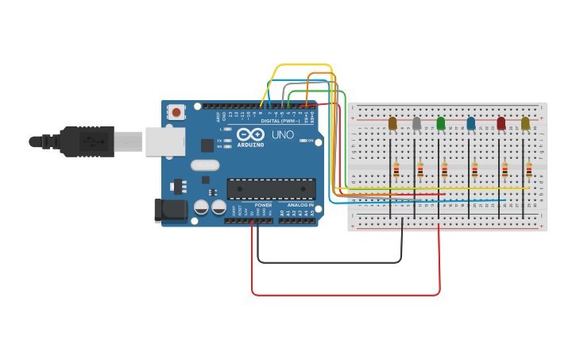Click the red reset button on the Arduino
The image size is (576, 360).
coord(176,113)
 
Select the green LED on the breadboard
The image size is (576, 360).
coord(441,123)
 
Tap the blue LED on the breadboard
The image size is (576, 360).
coord(471,123)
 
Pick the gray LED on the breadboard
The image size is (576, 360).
coord(416,123)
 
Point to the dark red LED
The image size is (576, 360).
coord(501,123)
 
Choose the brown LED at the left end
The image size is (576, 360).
coord(392,123)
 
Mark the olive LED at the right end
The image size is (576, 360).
coord(525,123)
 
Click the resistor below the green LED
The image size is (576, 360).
coord(445,169)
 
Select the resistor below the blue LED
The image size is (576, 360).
coord(475,169)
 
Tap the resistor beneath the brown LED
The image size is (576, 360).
coord(396,169)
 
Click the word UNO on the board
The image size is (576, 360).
coord(284,135)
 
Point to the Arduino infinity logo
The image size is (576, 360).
coord(252,135)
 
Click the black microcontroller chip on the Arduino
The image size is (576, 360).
coord(271,188)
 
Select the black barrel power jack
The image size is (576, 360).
coord(171,210)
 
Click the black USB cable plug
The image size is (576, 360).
coord(87,141)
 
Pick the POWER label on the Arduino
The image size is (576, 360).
coord(263,204)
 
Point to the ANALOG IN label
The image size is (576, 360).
coord(300,204)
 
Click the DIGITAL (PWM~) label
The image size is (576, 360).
coord(280,121)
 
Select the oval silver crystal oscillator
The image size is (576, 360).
coord(204,165)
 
